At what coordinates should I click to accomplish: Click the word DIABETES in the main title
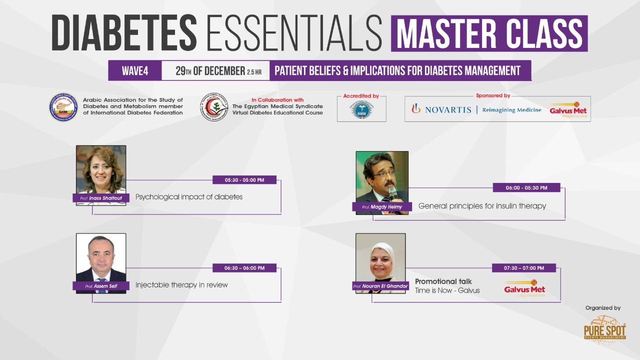click(124, 33)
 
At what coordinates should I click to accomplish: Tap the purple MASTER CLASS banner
click(489, 33)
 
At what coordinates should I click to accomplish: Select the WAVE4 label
click(135, 71)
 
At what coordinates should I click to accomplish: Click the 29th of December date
click(210, 71)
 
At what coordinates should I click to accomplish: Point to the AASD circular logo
click(63, 107)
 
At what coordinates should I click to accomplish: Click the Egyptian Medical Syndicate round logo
click(214, 107)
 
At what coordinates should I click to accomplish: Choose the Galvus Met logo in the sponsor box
click(568, 110)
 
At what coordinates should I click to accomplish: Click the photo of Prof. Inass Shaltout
click(101, 169)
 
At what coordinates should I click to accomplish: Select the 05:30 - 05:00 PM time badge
click(244, 180)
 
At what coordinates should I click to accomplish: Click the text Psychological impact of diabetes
click(189, 197)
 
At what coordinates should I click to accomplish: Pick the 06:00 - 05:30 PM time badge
click(526, 188)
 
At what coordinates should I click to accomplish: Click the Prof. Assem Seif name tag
click(100, 286)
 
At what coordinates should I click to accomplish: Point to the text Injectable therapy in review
click(181, 285)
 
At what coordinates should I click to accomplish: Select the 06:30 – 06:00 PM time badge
click(244, 268)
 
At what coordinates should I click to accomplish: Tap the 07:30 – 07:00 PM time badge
click(524, 268)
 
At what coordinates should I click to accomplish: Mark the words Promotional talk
click(443, 281)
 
